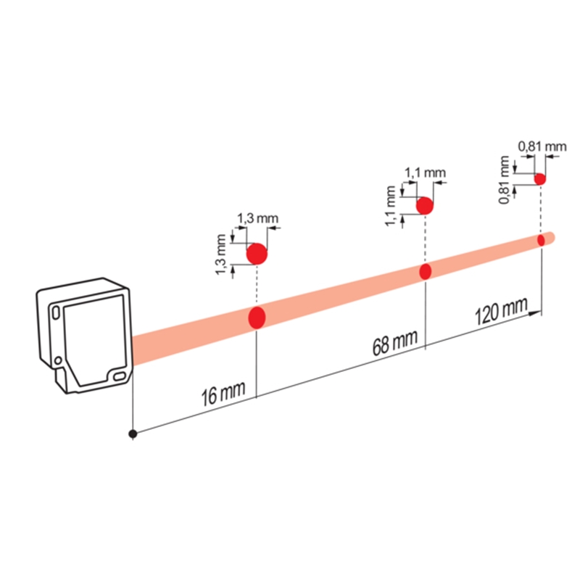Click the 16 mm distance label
coord(223,394)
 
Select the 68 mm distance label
coord(395,342)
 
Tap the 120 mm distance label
coord(502,312)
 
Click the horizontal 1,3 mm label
coord(257,218)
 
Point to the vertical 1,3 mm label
coord(220,254)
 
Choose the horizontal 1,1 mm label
coord(425,173)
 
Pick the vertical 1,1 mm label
coord(391,206)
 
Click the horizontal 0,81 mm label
coord(542,146)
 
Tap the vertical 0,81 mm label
coord(504,180)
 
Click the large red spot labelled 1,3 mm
coord(257,254)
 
